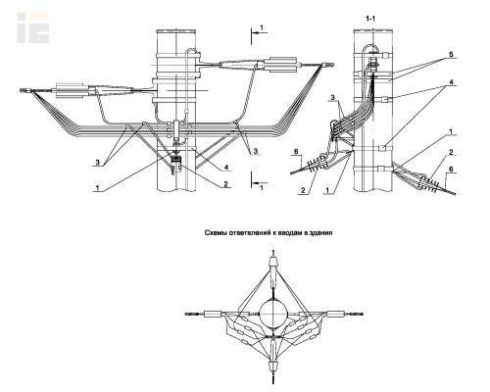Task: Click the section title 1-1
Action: pyautogui.click(x=370, y=19)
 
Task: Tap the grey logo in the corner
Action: pyautogui.click(x=33, y=27)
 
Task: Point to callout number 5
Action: pyautogui.click(x=451, y=55)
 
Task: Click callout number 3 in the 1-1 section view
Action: pyautogui.click(x=333, y=97)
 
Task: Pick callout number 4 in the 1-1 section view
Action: pyautogui.click(x=451, y=82)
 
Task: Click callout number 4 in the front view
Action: pyautogui.click(x=225, y=168)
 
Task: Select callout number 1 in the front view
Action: pyautogui.click(x=97, y=188)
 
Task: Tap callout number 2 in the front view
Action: pyautogui.click(x=225, y=184)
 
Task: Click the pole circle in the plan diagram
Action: pyautogui.click(x=273, y=314)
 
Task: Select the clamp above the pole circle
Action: pyautogui.click(x=273, y=263)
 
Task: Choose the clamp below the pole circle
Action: pyautogui.click(x=273, y=366)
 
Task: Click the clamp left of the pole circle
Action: pyautogui.click(x=212, y=315)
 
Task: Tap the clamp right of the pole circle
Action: pyautogui.click(x=336, y=315)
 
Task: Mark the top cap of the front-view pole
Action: pyautogui.click(x=176, y=31)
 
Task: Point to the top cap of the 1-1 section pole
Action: pyautogui.click(x=373, y=30)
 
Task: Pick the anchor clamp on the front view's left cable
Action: pyautogui.click(x=72, y=90)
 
